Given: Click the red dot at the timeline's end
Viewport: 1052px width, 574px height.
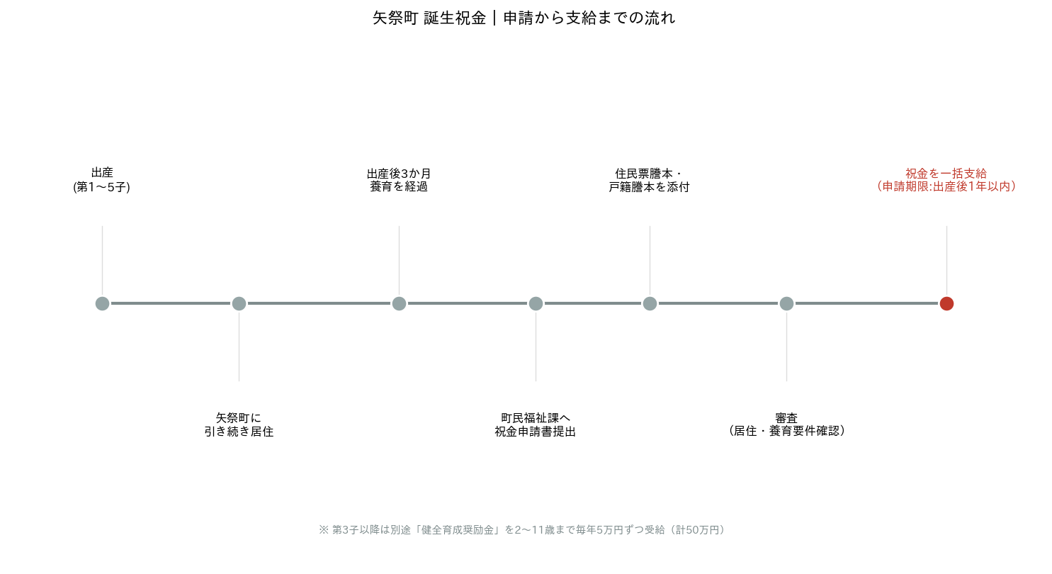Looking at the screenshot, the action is click(946, 303).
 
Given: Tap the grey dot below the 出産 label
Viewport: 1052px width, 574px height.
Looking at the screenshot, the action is click(103, 303).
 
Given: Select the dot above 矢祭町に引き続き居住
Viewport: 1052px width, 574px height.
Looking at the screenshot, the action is click(239, 303).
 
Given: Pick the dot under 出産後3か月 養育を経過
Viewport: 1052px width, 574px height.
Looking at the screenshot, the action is click(400, 303).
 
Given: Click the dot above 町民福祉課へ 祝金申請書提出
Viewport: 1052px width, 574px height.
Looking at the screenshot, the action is click(536, 303).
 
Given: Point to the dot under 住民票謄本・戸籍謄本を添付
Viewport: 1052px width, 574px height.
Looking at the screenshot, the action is click(650, 303).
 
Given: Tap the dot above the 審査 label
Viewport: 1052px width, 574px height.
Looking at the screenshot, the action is click(786, 303).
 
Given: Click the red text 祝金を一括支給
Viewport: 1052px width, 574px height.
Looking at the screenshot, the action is click(946, 174).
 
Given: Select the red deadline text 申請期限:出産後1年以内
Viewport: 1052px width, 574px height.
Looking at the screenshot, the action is click(946, 186).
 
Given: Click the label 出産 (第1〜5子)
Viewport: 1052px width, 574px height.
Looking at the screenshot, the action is click(102, 180).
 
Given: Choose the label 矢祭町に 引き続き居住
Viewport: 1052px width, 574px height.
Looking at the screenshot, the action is click(239, 424).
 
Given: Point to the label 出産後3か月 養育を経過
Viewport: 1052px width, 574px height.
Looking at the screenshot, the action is click(400, 180).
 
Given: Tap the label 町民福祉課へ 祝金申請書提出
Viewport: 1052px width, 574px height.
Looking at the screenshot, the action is click(536, 424).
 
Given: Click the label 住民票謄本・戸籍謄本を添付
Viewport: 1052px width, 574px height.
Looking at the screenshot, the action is click(649, 180).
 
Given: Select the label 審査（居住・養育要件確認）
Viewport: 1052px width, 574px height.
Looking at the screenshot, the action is click(786, 424).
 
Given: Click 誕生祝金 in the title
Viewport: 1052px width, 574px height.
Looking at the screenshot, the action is click(455, 18).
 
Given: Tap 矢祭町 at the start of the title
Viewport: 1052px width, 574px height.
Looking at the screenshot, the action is click(395, 18).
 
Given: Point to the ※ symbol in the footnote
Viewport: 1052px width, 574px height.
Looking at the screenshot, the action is click(324, 530).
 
